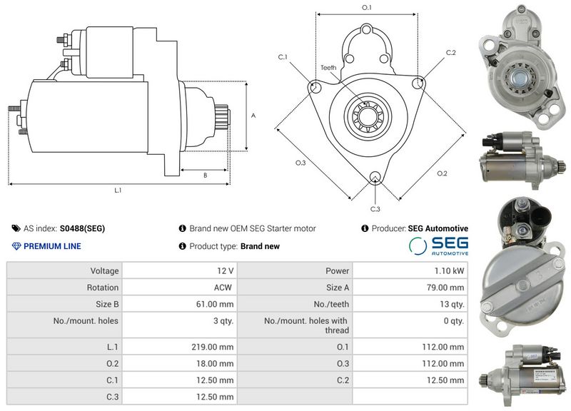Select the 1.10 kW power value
click(449, 271)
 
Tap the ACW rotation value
click(224, 288)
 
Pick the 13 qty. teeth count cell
click(450, 304)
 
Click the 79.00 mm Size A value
click(447, 288)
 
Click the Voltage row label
click(104, 271)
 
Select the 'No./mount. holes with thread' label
click(306, 325)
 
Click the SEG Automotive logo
click(438, 246)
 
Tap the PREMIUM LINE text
click(52, 246)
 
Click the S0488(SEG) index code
click(82, 228)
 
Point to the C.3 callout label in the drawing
click(375, 208)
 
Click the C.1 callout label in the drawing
click(283, 57)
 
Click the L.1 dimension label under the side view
click(118, 191)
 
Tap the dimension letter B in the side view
click(205, 175)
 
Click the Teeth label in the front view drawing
click(328, 68)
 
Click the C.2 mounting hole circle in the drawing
click(419, 83)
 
